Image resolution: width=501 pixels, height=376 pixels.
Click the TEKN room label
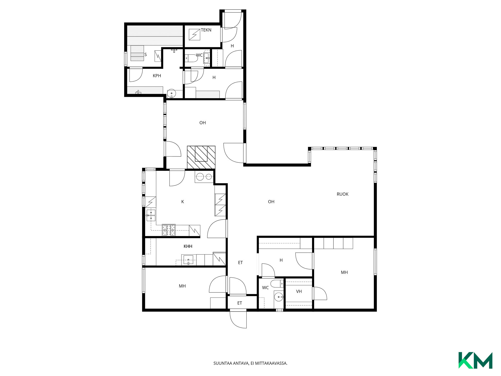click(206, 30)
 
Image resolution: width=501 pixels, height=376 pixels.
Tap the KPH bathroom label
click(157, 76)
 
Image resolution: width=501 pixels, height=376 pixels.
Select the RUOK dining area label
click(342, 194)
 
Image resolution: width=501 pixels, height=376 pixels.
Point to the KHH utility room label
click(188, 246)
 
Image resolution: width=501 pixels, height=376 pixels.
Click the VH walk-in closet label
click(299, 291)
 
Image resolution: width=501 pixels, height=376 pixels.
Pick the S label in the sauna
click(146, 55)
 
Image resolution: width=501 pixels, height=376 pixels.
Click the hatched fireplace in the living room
click(201, 157)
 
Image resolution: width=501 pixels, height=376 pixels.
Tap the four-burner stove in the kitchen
click(169, 230)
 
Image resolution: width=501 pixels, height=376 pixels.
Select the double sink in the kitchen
click(151, 215)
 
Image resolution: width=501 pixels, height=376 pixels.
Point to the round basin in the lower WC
click(278, 297)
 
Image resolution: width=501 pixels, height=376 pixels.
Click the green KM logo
click(475, 360)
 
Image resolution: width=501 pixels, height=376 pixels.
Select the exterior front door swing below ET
click(238, 319)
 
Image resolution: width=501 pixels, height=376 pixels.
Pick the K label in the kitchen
click(183, 202)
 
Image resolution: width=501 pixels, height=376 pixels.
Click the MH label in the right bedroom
click(344, 272)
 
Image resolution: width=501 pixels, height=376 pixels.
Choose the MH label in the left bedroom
click(182, 286)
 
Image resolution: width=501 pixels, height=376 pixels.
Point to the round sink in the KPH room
click(171, 93)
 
